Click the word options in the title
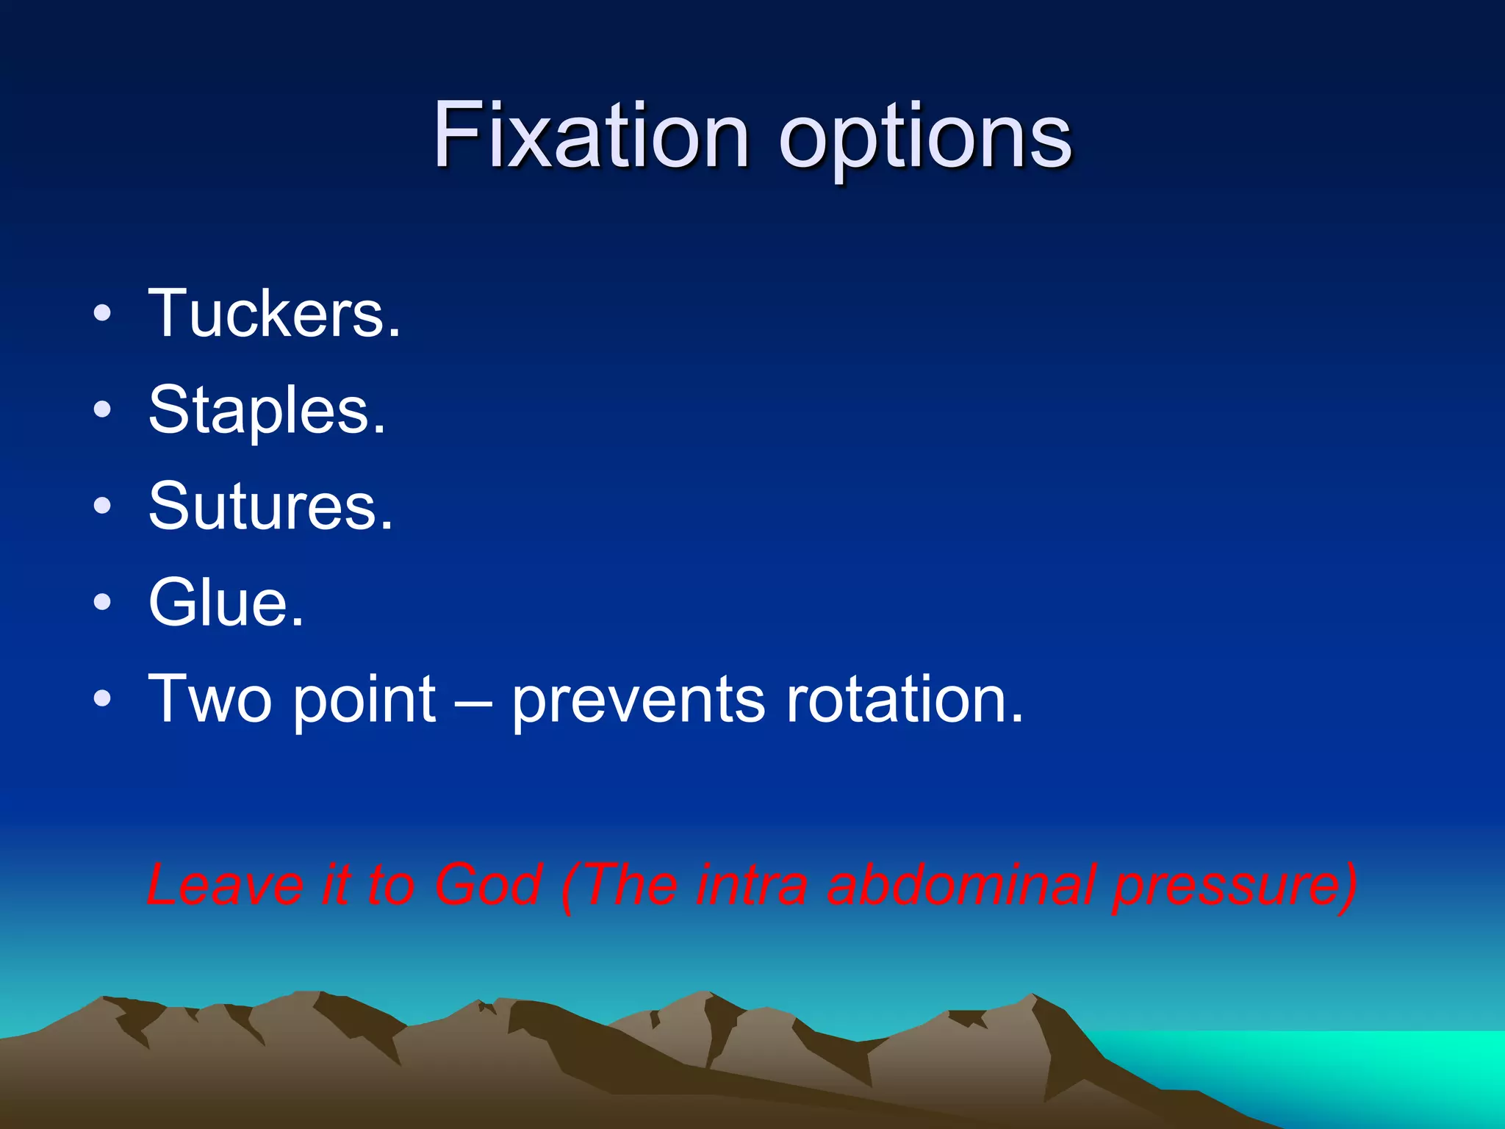pos(925,140)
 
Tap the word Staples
pos(267,411)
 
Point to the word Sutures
pos(271,506)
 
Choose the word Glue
pos(226,603)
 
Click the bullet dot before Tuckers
pos(103,315)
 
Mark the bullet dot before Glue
pos(103,603)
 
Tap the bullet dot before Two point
pos(103,699)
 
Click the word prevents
pos(639,700)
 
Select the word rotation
pos(905,699)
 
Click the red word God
pos(488,884)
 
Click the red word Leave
pos(225,884)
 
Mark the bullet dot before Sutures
pos(103,506)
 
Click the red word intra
pos(749,884)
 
